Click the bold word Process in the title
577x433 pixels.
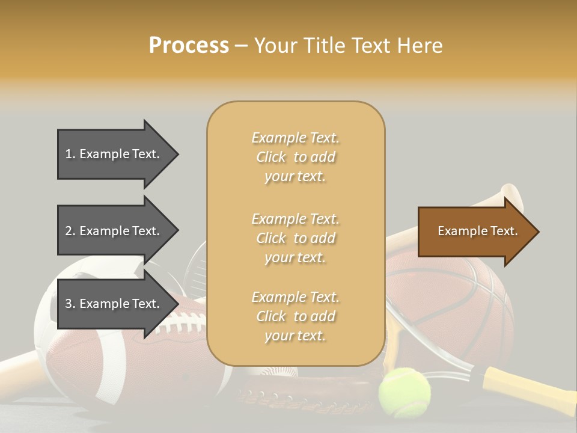tap(189, 46)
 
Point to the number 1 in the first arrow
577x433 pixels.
tap(69, 154)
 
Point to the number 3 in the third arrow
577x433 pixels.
tap(69, 304)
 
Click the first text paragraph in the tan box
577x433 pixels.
tap(295, 157)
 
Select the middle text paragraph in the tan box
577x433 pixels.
tap(295, 238)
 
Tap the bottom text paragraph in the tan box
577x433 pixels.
tap(295, 316)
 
